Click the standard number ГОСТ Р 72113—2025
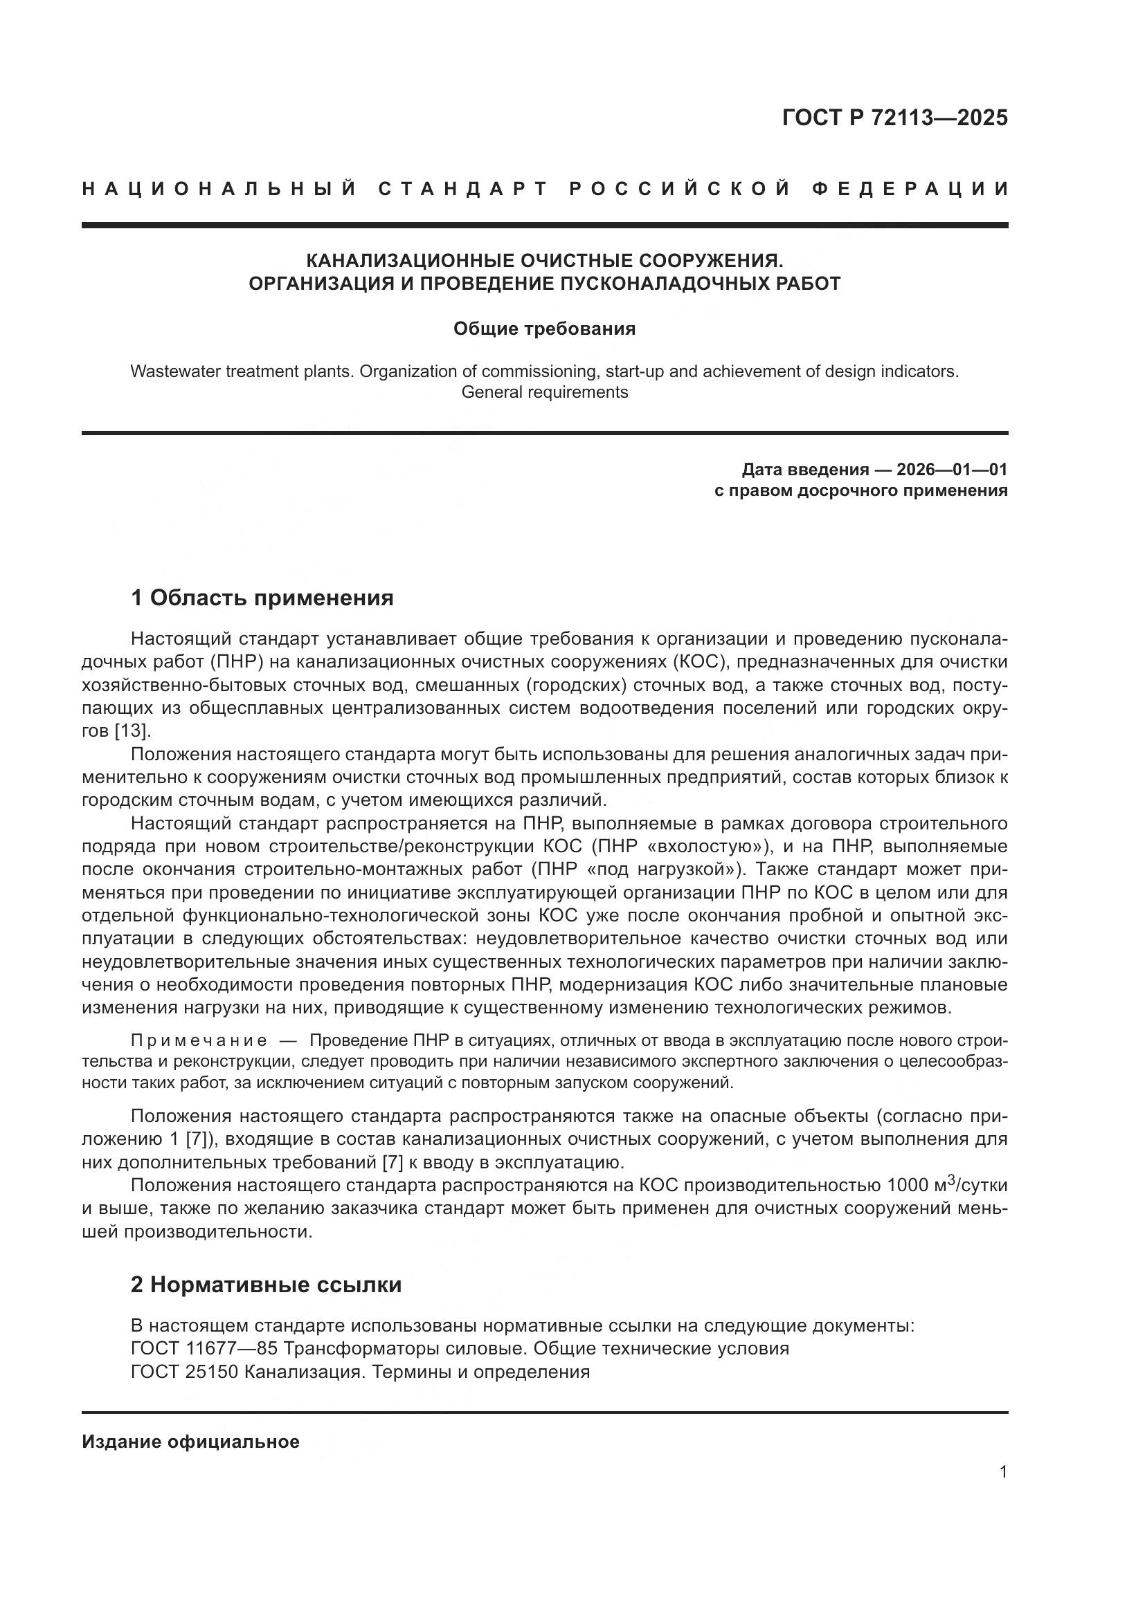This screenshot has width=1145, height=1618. (894, 118)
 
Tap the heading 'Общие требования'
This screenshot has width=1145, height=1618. (544, 329)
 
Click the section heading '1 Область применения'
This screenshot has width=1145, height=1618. (262, 598)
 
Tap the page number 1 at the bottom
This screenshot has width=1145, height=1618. (1003, 1472)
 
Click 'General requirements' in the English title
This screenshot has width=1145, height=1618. (544, 392)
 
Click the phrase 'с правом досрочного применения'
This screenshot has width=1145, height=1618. (861, 490)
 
